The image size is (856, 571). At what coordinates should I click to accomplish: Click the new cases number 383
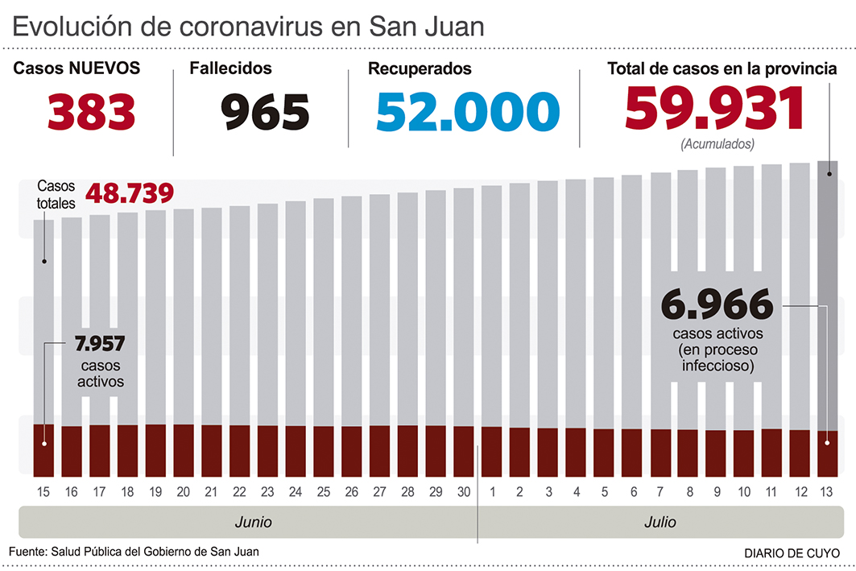pyautogui.click(x=91, y=112)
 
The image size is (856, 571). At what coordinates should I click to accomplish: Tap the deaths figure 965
pyautogui.click(x=266, y=112)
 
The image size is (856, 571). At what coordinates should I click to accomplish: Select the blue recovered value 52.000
pyautogui.click(x=467, y=112)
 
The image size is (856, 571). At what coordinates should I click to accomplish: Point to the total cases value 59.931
pyautogui.click(x=715, y=109)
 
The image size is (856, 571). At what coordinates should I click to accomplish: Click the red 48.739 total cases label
pyautogui.click(x=129, y=194)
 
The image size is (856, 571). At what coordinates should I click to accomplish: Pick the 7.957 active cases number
pyautogui.click(x=100, y=344)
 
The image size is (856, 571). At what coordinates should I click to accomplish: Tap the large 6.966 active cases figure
pyautogui.click(x=717, y=306)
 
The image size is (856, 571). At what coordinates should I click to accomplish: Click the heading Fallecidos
pyautogui.click(x=230, y=69)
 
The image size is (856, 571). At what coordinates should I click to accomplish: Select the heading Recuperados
pyautogui.click(x=420, y=69)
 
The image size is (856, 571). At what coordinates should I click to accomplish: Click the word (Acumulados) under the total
pyautogui.click(x=717, y=145)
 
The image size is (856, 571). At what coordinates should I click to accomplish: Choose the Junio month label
pyautogui.click(x=254, y=522)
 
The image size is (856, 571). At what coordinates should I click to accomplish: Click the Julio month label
pyautogui.click(x=660, y=522)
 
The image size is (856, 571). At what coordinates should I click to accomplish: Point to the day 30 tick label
pyautogui.click(x=464, y=491)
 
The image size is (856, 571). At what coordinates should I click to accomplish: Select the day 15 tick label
pyautogui.click(x=44, y=491)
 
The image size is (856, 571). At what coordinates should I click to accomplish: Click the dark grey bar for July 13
pyautogui.click(x=828, y=290)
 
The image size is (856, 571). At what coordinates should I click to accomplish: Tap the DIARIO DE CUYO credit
pyautogui.click(x=790, y=553)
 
